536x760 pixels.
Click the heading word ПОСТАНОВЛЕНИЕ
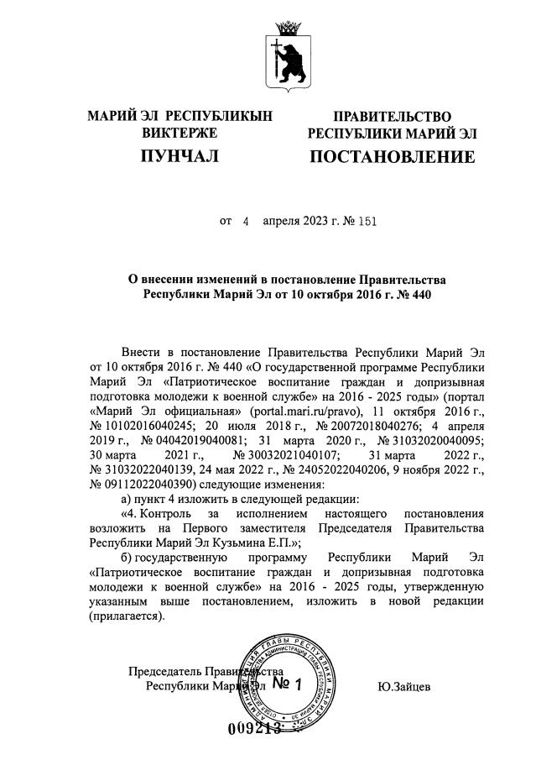[393, 157]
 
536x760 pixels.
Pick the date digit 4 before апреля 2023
[246, 222]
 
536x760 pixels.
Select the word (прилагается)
[127, 615]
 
